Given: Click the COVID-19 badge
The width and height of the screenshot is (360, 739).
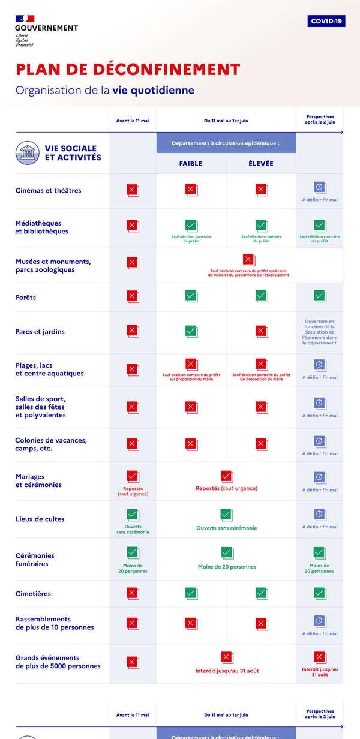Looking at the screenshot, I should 326,21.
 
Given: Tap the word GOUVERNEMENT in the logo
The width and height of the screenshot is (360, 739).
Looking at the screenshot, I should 46,28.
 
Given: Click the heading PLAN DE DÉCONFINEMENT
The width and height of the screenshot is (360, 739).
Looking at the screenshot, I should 128,69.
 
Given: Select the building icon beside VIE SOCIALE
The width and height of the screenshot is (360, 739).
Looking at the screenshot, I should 27,153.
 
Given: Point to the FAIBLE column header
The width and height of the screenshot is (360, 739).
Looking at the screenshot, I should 191,164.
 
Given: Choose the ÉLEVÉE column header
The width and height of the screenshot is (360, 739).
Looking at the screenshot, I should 261,164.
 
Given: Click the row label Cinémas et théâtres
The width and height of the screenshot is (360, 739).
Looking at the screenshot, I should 49,191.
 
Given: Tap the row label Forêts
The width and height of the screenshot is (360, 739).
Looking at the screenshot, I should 26,298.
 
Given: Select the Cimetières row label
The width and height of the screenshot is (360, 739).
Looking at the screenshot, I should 34,594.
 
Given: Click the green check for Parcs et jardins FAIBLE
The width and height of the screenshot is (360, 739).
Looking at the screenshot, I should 191,331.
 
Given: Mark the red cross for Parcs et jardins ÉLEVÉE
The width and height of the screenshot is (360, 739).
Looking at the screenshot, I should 261,331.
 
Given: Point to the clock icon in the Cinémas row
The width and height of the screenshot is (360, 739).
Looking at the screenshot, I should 320,188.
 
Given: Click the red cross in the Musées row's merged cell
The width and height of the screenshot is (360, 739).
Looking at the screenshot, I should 248,260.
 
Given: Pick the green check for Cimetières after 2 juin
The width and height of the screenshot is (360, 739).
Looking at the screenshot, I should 320,593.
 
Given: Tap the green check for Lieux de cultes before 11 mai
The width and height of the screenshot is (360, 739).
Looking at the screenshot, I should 133,515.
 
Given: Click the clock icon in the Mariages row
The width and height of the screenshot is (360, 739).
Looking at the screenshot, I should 320,478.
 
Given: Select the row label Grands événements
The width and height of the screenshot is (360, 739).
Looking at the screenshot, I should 58,662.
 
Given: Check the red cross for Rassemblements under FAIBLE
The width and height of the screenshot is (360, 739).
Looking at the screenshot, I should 191,623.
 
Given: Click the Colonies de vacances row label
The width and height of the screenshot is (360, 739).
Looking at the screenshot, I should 51,444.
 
